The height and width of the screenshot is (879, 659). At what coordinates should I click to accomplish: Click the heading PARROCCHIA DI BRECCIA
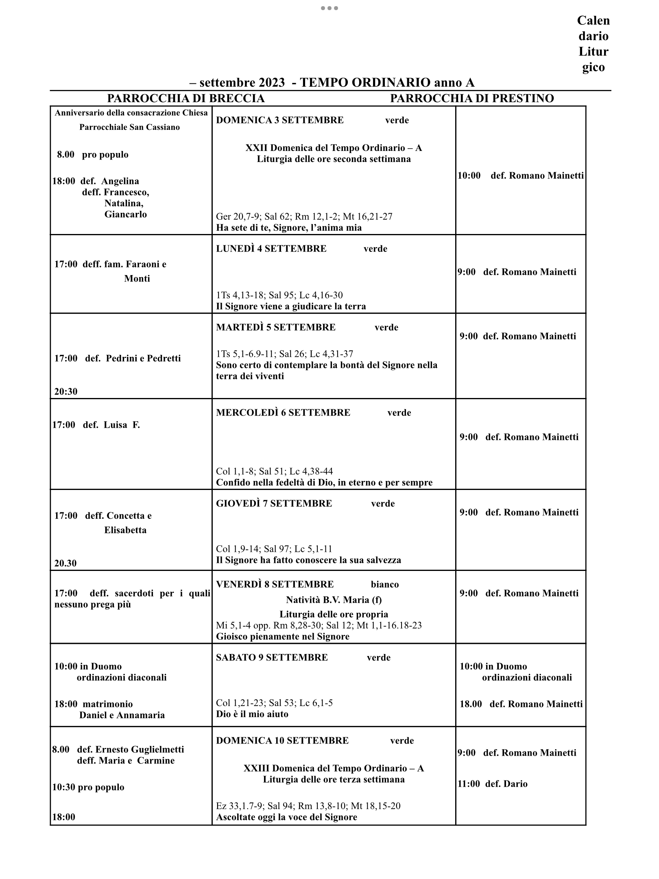tap(185, 98)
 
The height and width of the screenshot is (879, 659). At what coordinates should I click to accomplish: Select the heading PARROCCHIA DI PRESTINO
tap(472, 98)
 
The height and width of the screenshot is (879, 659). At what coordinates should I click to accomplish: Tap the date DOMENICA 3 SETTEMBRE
tap(279, 120)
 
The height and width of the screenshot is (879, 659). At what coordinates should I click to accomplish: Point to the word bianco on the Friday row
tap(384, 584)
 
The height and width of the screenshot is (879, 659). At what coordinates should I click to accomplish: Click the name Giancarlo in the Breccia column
tap(125, 214)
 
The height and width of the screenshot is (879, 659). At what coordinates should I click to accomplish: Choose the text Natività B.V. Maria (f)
tap(334, 599)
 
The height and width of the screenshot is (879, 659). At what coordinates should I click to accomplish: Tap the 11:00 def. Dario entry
tap(492, 784)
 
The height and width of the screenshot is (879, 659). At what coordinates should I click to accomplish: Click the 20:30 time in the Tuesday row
tap(66, 391)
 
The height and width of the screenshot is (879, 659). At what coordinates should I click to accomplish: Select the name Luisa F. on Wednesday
tap(122, 425)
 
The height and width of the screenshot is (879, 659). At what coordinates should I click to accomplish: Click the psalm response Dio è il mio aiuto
tap(252, 714)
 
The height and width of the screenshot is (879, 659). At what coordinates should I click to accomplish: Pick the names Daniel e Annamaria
tap(122, 715)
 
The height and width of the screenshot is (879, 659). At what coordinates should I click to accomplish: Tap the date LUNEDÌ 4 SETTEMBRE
tap(271, 249)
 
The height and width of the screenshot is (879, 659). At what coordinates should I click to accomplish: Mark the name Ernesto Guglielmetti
tap(140, 749)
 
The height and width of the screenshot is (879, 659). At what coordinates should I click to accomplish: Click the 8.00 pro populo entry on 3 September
tap(93, 155)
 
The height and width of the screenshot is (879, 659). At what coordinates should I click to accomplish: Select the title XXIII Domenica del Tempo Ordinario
tap(334, 768)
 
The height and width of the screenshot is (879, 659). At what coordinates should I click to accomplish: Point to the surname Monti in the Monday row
tap(137, 279)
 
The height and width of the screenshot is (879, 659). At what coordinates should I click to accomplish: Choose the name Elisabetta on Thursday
tap(125, 530)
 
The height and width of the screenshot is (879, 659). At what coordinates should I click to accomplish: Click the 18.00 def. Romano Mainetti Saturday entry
tap(521, 704)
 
